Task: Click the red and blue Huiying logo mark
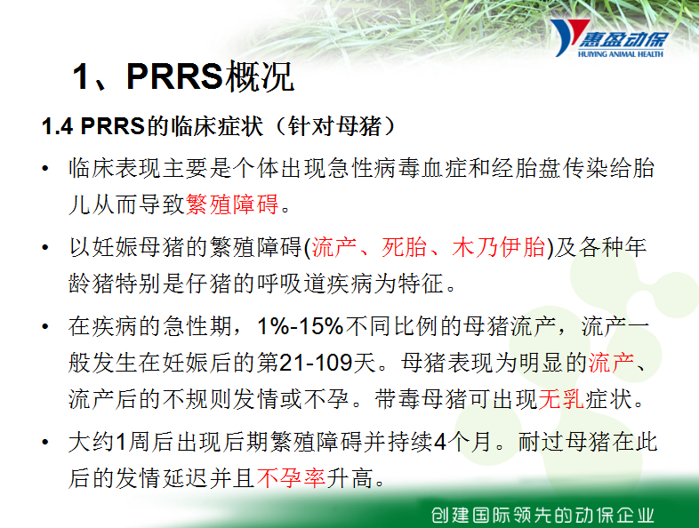click(x=569, y=37)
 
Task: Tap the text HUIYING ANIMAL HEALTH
click(x=621, y=54)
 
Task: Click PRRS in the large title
click(x=174, y=76)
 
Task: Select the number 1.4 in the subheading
click(x=57, y=126)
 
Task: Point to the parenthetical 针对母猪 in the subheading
click(x=334, y=126)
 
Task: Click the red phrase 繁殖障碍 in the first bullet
click(x=232, y=204)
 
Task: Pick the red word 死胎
click(x=405, y=247)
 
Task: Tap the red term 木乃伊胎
click(x=498, y=247)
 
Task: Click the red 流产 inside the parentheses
click(x=334, y=247)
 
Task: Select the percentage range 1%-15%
click(x=301, y=326)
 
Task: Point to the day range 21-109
click(x=316, y=363)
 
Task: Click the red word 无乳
click(x=561, y=399)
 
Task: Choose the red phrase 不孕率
click(x=291, y=478)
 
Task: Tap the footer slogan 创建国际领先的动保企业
click(x=542, y=515)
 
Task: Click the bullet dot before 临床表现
click(x=45, y=168)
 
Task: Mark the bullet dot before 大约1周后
click(x=45, y=442)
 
